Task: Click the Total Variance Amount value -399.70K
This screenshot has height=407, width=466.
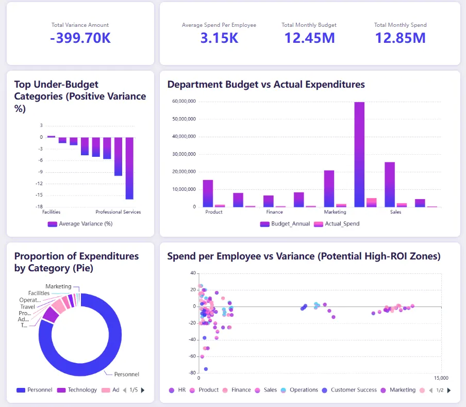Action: pyautogui.click(x=80, y=38)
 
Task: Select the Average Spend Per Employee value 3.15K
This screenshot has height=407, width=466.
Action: pyautogui.click(x=219, y=38)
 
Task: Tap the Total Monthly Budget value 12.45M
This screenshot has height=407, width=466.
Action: pyautogui.click(x=309, y=38)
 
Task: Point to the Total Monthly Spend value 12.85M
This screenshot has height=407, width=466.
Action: pyautogui.click(x=400, y=38)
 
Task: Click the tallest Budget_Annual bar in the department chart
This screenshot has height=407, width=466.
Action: pyautogui.click(x=359, y=155)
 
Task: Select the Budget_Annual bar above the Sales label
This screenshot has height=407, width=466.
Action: pyautogui.click(x=390, y=185)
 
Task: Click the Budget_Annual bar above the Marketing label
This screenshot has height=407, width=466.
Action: pyautogui.click(x=329, y=188)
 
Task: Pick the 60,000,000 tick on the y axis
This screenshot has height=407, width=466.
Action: pyautogui.click(x=184, y=102)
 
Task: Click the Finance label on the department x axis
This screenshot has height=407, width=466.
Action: pyautogui.click(x=274, y=212)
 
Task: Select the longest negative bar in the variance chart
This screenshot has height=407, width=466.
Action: pyautogui.click(x=129, y=168)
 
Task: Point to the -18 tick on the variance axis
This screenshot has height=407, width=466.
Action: pyautogui.click(x=39, y=207)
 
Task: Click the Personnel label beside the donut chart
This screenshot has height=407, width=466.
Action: pyautogui.click(x=127, y=375)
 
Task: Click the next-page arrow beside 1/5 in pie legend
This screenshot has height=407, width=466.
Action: pyautogui.click(x=143, y=390)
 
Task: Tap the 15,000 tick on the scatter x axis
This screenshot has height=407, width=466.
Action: pyautogui.click(x=441, y=378)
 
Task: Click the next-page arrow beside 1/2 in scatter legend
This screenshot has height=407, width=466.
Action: pyautogui.click(x=449, y=390)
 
